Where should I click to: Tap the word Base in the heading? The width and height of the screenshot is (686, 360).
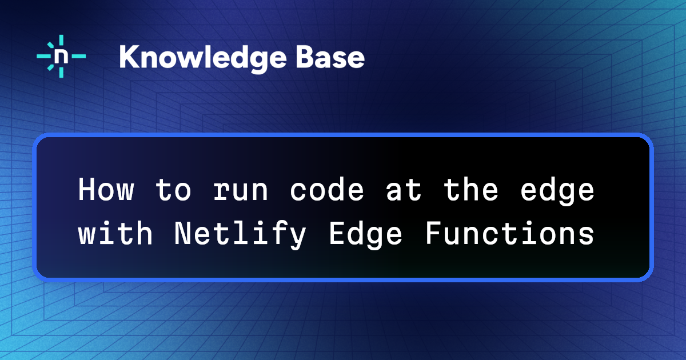click(x=330, y=57)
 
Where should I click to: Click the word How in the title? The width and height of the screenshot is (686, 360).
click(x=106, y=190)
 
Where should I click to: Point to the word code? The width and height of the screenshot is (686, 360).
click(x=327, y=190)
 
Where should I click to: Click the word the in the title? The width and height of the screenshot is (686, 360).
click(x=470, y=190)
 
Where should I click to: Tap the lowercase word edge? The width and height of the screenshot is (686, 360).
click(x=557, y=192)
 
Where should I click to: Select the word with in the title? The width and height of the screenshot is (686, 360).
click(x=115, y=233)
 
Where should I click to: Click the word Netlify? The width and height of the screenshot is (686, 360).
click(x=241, y=235)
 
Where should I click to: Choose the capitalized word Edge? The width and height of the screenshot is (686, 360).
click(x=365, y=235)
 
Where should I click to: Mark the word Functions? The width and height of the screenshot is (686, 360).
click(x=510, y=233)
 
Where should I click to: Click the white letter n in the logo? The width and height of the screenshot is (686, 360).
click(x=61, y=57)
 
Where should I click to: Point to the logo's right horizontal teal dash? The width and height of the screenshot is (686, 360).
click(x=79, y=57)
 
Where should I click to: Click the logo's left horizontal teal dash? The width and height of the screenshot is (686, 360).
click(x=44, y=57)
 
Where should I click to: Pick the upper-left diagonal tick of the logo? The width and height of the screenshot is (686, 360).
click(x=50, y=45)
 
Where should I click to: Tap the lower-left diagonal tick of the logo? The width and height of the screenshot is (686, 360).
click(x=50, y=67)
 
